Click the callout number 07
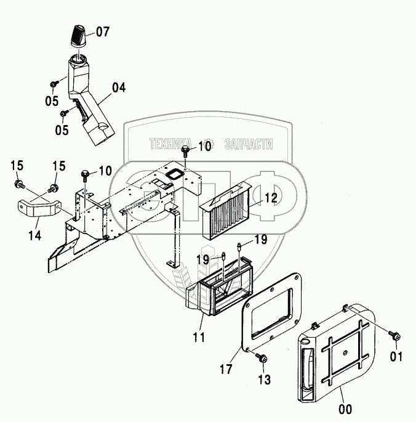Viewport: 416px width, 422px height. tap(103, 30)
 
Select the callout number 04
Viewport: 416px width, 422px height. tap(118, 87)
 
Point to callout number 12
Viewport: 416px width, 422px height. tap(271, 198)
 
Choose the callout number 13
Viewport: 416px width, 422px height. tap(263, 380)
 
